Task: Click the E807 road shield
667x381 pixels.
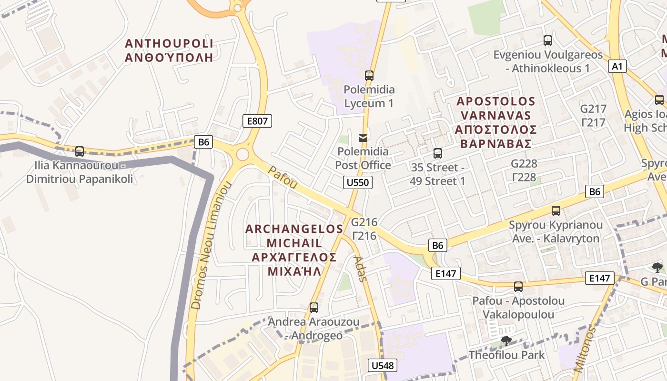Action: coord(257,121)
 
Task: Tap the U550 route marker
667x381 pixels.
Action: coord(357,182)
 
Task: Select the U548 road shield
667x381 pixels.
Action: coord(383,365)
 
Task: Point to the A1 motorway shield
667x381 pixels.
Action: coord(617,66)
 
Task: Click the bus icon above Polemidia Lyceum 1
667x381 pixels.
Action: coord(369,75)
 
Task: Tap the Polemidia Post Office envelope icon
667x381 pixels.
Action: coord(363,138)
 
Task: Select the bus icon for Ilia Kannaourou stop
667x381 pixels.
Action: coord(80,151)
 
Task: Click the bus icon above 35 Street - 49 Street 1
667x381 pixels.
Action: coord(437,153)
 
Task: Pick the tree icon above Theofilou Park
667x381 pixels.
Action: coord(506,341)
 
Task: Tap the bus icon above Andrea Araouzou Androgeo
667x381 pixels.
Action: coord(313,308)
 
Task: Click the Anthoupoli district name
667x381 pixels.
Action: coord(169,50)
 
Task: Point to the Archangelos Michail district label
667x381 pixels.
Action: coord(293,250)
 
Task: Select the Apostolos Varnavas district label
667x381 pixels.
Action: coord(495,122)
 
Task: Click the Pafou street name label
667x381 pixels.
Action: coord(283,177)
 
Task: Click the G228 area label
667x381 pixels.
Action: coord(524,170)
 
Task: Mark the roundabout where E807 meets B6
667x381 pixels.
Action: coord(243,154)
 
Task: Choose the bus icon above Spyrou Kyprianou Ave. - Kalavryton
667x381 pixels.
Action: coord(556,211)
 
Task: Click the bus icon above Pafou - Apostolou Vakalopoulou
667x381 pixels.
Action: coord(518,286)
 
